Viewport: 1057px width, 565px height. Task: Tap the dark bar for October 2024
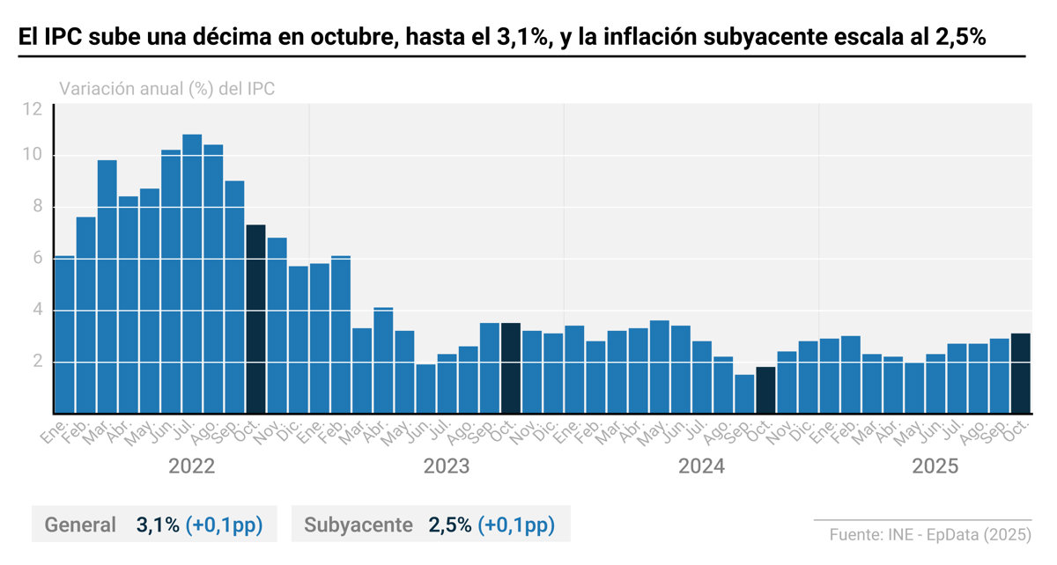(765, 390)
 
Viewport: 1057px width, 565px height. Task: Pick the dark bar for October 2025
(1020, 373)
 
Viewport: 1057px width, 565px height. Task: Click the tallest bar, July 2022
(192, 273)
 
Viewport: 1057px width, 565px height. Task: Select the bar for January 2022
(64, 334)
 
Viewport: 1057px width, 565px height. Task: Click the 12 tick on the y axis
(33, 110)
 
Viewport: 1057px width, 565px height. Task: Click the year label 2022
(191, 466)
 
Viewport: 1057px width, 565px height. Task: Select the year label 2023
(446, 466)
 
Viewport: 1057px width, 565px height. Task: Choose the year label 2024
(701, 466)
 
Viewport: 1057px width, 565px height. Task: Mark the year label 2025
(935, 466)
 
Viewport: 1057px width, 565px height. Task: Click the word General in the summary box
(80, 525)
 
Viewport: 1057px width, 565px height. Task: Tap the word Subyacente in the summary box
(358, 525)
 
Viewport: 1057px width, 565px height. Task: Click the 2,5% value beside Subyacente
(450, 525)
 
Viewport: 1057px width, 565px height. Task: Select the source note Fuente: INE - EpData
(929, 534)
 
